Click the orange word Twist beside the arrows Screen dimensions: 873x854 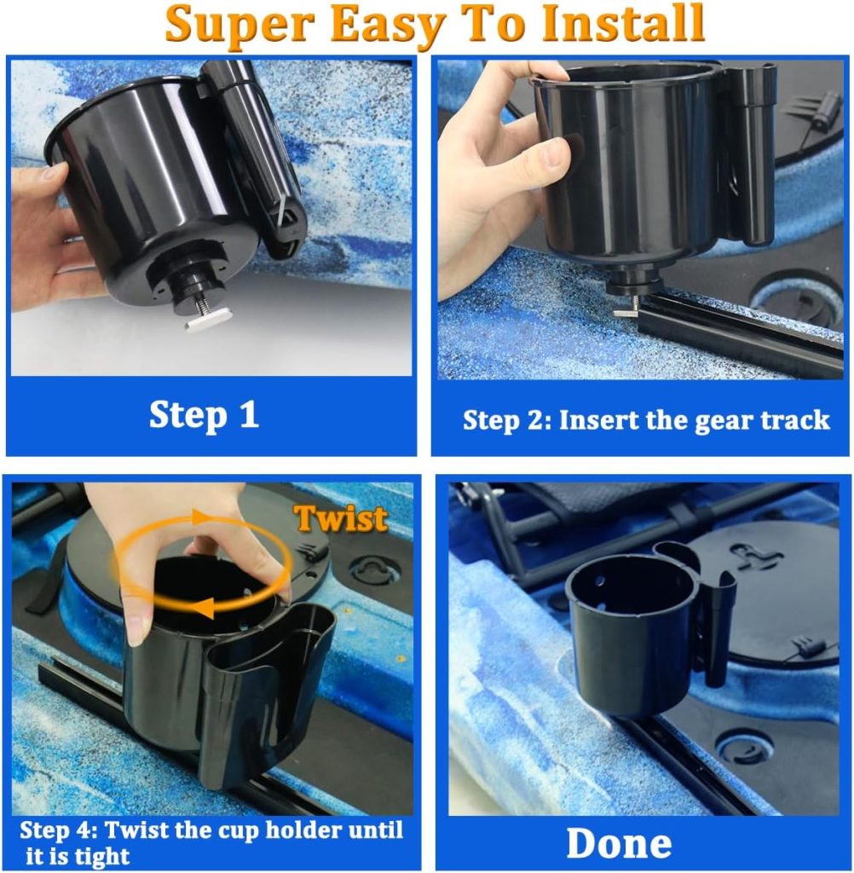pyautogui.click(x=341, y=517)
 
